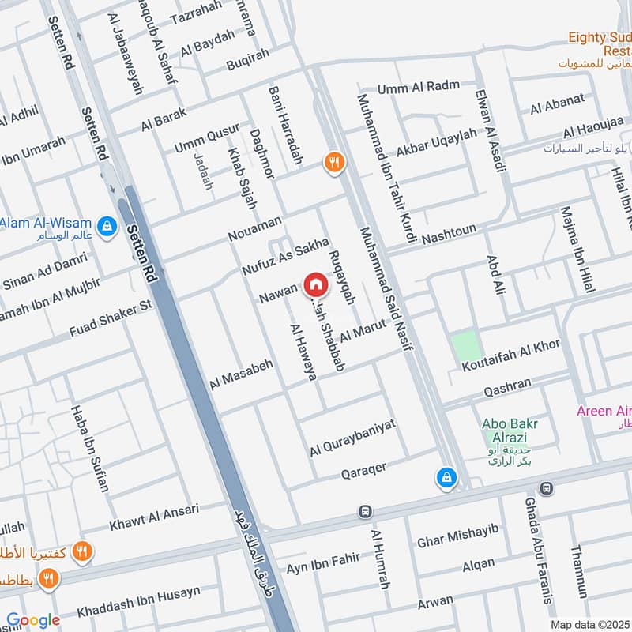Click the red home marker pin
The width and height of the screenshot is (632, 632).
pyautogui.click(x=314, y=284)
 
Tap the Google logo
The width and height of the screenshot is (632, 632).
pyautogui.click(x=33, y=620)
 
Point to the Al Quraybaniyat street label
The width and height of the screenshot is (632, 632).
pyautogui.click(x=352, y=437)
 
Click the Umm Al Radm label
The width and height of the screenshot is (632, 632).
pyautogui.click(x=418, y=88)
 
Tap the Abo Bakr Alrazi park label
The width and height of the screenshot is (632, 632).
pyautogui.click(x=506, y=431)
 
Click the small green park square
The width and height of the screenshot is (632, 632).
pyautogui.click(x=465, y=346)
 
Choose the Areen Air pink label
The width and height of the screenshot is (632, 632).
pyautogui.click(x=604, y=411)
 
